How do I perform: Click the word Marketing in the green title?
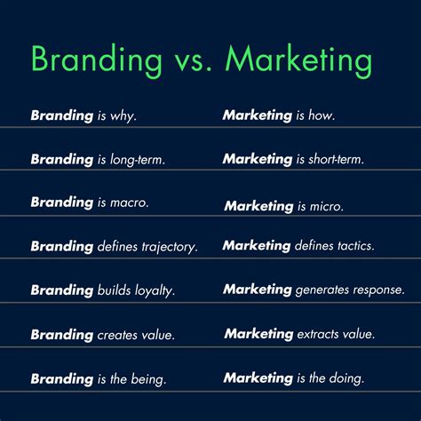pyautogui.click(x=299, y=60)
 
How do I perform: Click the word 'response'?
pyautogui.click(x=379, y=290)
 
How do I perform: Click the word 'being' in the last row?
pyautogui.click(x=148, y=378)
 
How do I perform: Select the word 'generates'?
pyautogui.click(x=324, y=290)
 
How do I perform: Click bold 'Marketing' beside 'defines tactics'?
pyautogui.click(x=257, y=245)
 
